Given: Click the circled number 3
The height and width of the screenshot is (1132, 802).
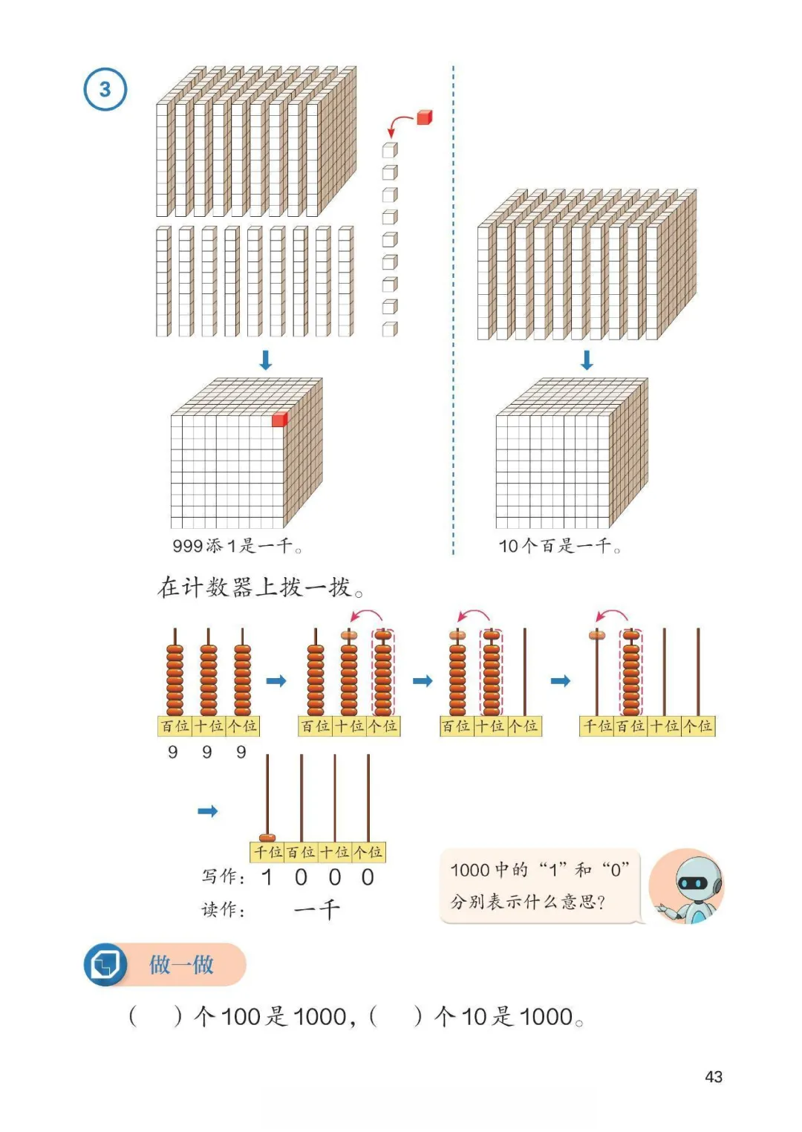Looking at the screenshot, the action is (x=105, y=89).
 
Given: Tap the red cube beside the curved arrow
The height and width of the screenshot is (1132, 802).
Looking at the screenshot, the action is (x=424, y=117).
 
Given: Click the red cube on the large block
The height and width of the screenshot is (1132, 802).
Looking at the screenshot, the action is (x=279, y=420).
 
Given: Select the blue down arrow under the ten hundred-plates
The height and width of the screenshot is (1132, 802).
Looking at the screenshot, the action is (x=587, y=360).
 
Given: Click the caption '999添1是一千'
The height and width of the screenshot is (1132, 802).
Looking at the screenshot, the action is (x=237, y=547).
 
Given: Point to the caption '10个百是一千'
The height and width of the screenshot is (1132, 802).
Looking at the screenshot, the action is (x=559, y=547).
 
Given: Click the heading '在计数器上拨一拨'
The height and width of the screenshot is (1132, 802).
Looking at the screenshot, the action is (x=261, y=588).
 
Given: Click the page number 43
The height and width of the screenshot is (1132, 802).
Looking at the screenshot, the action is (x=713, y=1077).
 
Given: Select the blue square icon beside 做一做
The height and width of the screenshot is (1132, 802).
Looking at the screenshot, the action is (x=105, y=964).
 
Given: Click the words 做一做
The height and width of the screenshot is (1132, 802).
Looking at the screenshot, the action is (x=181, y=964).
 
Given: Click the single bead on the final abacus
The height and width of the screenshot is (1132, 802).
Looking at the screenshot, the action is (x=267, y=837).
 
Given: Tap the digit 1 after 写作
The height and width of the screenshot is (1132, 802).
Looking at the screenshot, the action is (x=267, y=878).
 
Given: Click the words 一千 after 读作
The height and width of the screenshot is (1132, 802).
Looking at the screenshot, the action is (x=317, y=910).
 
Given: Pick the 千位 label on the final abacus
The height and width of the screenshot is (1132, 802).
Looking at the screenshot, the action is (x=267, y=853).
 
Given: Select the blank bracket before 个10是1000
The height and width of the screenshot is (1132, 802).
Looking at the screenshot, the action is (x=396, y=1016).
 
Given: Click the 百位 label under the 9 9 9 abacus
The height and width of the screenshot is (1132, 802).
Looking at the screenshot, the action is (x=175, y=726).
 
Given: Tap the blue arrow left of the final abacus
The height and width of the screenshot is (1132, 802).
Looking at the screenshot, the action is (x=208, y=811).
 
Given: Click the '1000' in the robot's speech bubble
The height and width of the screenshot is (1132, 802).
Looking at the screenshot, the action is (x=469, y=871).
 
